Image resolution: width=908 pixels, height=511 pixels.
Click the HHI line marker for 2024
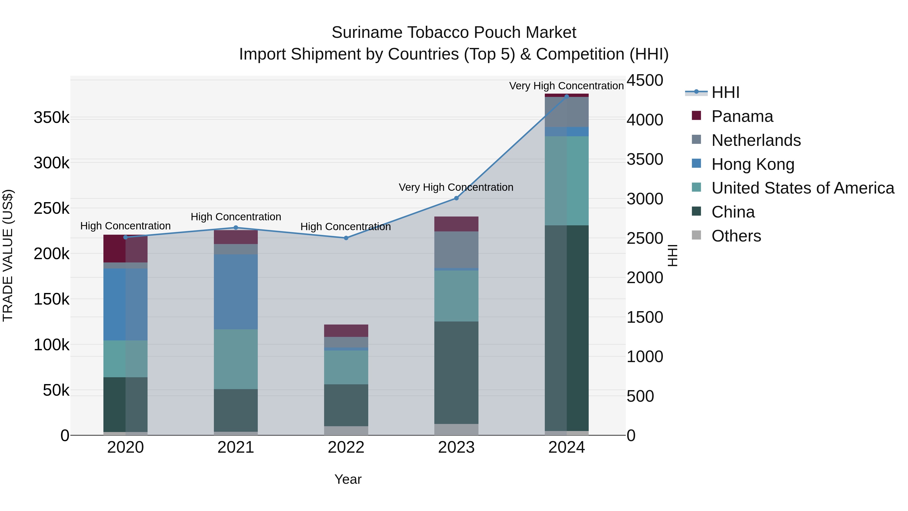(x=566, y=96)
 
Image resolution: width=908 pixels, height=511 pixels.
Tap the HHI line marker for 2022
(x=346, y=238)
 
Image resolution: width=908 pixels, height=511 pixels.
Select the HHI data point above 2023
(x=456, y=198)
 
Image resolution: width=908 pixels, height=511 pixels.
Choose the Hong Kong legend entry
(x=753, y=164)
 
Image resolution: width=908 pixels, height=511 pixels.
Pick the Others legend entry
(x=736, y=236)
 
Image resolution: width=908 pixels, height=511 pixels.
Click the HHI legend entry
(x=725, y=92)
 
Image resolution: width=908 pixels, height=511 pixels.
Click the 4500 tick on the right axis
(x=645, y=80)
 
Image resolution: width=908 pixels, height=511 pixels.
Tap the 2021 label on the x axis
(x=236, y=447)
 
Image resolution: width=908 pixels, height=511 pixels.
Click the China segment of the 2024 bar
(x=566, y=328)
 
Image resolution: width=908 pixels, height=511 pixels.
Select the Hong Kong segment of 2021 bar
(x=236, y=292)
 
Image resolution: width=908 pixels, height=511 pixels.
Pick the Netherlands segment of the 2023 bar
(x=456, y=250)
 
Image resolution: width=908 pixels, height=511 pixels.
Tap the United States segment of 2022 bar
(x=346, y=367)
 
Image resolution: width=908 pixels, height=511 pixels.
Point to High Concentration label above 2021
(x=236, y=217)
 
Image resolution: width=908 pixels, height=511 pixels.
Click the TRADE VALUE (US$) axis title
(x=8, y=255)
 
